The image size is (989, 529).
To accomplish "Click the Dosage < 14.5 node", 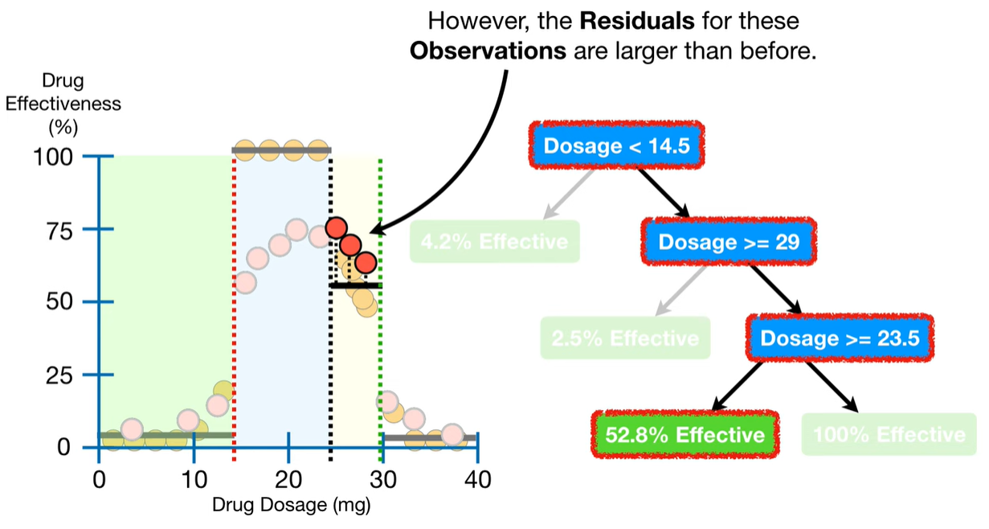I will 616,146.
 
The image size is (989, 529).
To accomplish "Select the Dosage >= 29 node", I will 729,240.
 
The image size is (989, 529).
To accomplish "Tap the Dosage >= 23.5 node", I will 840,338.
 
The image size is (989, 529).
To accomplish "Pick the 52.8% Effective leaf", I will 685,435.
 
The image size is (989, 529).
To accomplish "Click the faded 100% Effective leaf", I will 889,435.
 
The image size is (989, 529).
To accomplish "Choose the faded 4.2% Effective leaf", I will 494,240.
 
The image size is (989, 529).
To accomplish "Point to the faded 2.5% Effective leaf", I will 625,338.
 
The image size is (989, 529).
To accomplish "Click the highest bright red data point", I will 336,228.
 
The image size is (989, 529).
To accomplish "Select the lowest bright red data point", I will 366,263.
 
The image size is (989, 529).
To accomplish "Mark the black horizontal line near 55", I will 355,285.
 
